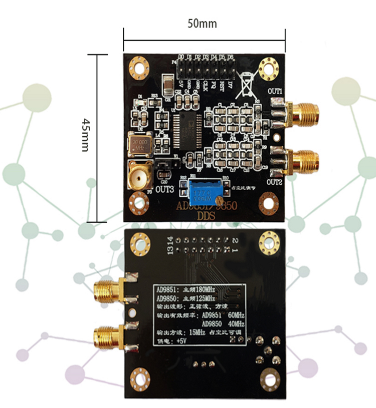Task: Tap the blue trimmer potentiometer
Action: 204,191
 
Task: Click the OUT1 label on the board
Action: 275,92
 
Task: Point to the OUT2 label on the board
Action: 275,182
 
